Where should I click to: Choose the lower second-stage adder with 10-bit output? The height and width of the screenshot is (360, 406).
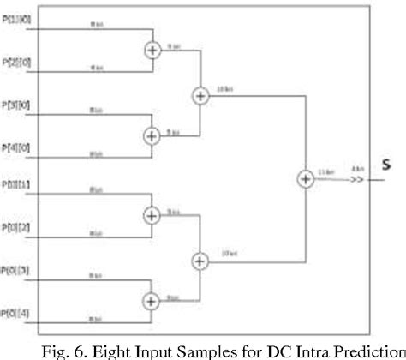pyautogui.click(x=200, y=260)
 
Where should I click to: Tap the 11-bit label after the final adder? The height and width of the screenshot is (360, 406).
pyautogui.click(x=325, y=172)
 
